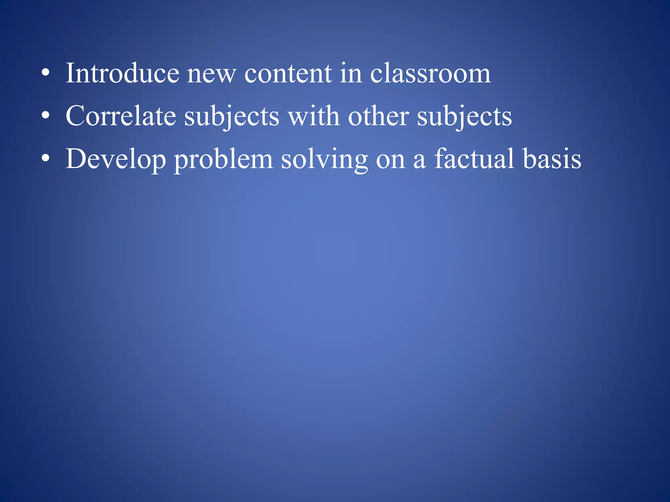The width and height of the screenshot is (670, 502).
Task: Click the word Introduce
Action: pyautogui.click(x=122, y=73)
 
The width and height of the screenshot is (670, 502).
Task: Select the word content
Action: pyautogui.click(x=288, y=74)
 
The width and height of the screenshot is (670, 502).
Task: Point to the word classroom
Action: pyautogui.click(x=430, y=73)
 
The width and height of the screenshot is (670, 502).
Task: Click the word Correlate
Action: pyautogui.click(x=121, y=116)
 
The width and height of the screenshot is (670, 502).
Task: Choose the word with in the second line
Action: pyautogui.click(x=314, y=116)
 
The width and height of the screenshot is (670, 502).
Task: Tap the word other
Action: pyautogui.click(x=378, y=116)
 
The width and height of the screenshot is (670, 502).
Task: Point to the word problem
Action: pyautogui.click(x=223, y=160)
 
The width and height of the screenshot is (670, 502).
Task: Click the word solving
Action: pyautogui.click(x=324, y=160)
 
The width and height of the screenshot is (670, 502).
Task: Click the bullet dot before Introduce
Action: pyautogui.click(x=45, y=73)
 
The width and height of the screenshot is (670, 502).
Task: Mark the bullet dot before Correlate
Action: pyautogui.click(x=45, y=116)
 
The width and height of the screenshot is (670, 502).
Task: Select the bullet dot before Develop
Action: pyautogui.click(x=45, y=159)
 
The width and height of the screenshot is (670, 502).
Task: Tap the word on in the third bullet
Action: pyautogui.click(x=390, y=160)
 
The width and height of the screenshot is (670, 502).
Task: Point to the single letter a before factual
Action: pyautogui.click(x=419, y=160)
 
